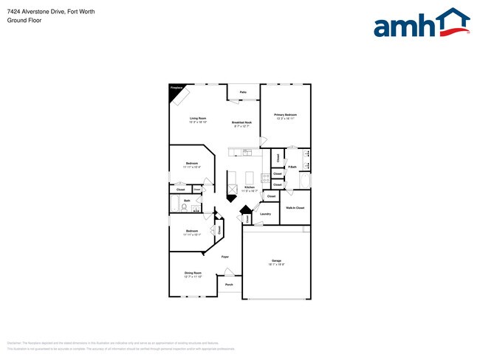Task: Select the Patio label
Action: tap(242, 92)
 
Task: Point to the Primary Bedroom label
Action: tap(285, 114)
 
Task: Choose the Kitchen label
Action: tap(250, 187)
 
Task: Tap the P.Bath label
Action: tap(292, 167)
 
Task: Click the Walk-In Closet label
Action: tap(295, 208)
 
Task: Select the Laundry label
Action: tap(265, 214)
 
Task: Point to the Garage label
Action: tap(276, 260)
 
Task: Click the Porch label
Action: tap(229, 285)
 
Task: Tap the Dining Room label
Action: tap(193, 273)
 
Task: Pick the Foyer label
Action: tap(224, 256)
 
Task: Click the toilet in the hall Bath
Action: tap(182, 207)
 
